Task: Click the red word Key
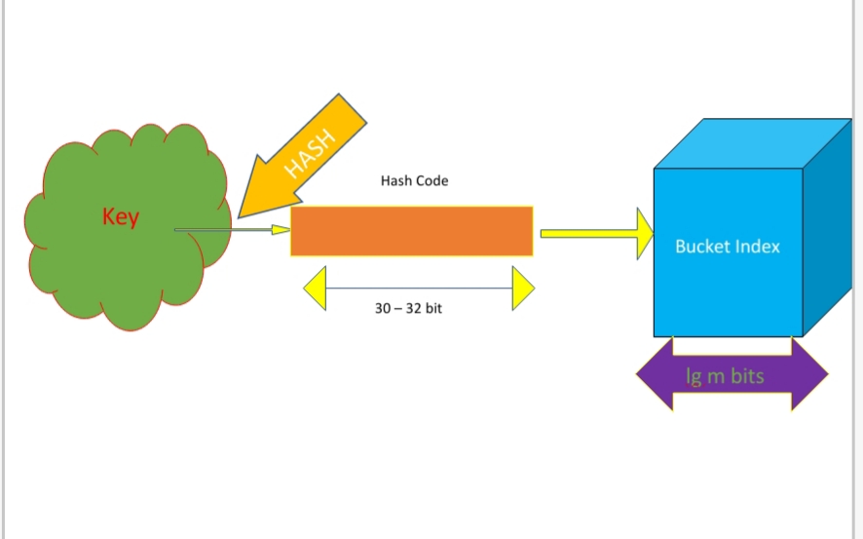pyautogui.click(x=121, y=217)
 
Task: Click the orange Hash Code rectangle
pyautogui.click(x=411, y=231)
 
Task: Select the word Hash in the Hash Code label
pyautogui.click(x=396, y=181)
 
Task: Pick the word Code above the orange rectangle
pyautogui.click(x=431, y=181)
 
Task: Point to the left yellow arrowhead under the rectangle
pyautogui.click(x=315, y=288)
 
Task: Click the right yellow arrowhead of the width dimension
pyautogui.click(x=523, y=288)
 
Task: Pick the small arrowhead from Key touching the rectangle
pyautogui.click(x=281, y=230)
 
